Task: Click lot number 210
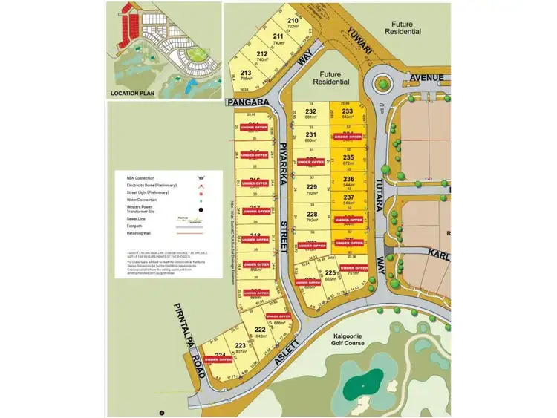(293, 22)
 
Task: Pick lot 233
(348, 113)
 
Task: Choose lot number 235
(348, 160)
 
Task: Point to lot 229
(311, 189)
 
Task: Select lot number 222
(260, 332)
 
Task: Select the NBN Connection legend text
(140, 178)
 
